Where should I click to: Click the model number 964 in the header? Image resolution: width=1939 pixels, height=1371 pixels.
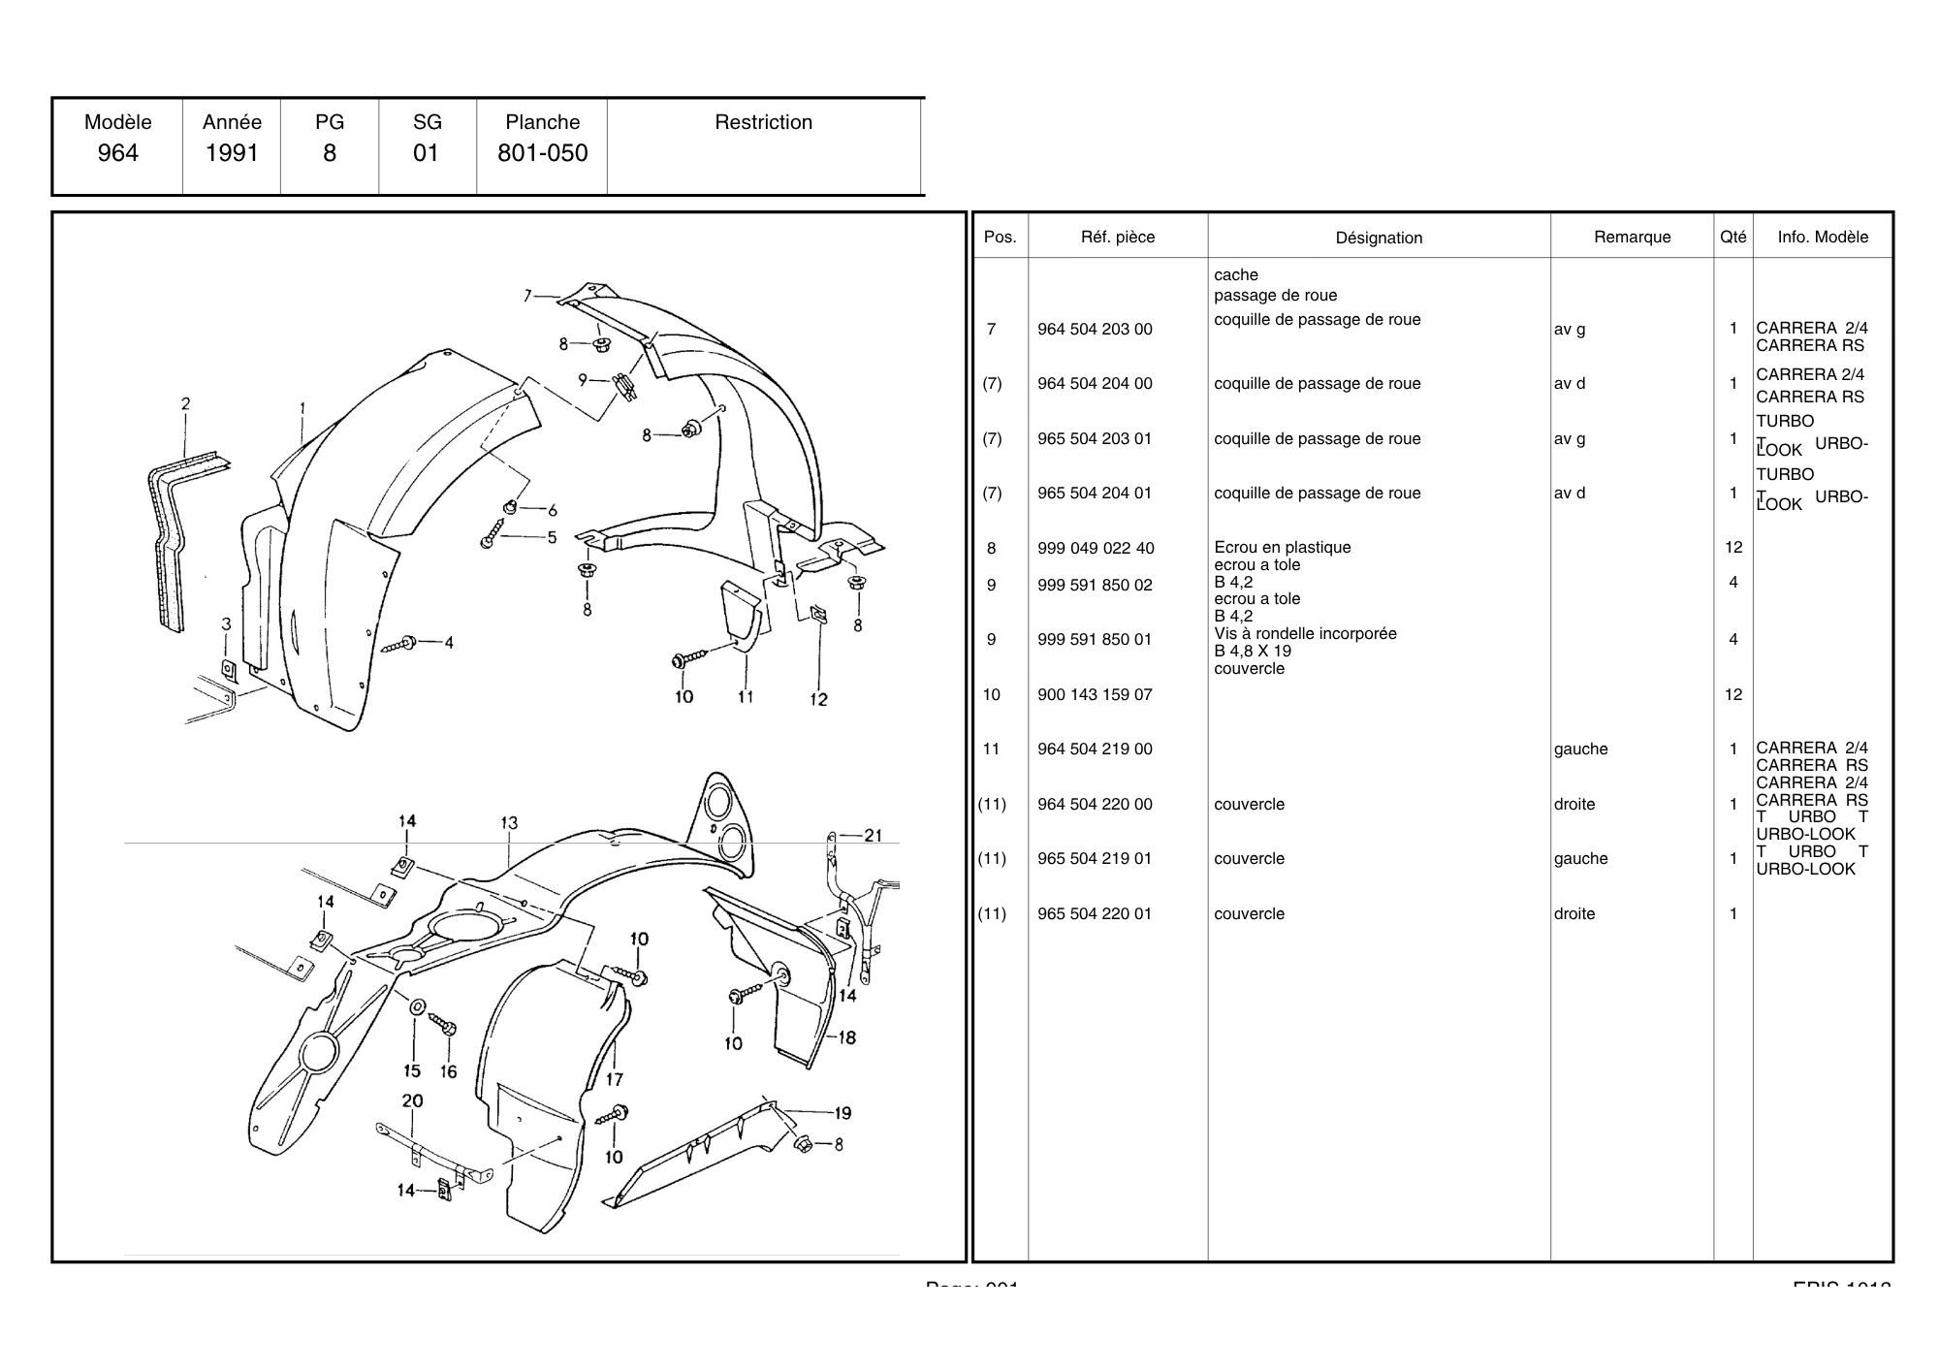pyautogui.click(x=117, y=153)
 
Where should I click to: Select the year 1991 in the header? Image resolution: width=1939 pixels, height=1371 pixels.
pyautogui.click(x=232, y=153)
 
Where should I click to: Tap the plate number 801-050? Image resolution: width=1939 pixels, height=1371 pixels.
pyautogui.click(x=542, y=153)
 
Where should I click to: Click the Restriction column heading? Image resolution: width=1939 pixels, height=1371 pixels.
pyautogui.click(x=763, y=122)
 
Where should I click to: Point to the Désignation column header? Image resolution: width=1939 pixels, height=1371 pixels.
pyautogui.click(x=1379, y=238)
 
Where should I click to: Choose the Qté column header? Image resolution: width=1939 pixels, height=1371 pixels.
pyautogui.click(x=1732, y=237)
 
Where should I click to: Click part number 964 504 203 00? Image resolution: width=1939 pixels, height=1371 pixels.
pyautogui.click(x=1095, y=330)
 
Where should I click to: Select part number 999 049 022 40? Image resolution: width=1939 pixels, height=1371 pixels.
pyautogui.click(x=1095, y=549)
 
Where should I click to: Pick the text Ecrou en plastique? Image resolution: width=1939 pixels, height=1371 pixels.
pyautogui.click(x=1282, y=548)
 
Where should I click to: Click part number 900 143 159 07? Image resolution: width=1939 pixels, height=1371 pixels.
pyautogui.click(x=1095, y=695)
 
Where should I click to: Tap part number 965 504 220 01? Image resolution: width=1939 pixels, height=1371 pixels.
pyautogui.click(x=1095, y=914)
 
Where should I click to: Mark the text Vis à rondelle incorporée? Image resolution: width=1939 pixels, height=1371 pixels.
pyautogui.click(x=1305, y=634)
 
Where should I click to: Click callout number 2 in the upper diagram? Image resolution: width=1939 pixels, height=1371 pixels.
pyautogui.click(x=185, y=404)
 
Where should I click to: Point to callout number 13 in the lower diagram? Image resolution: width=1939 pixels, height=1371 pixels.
pyautogui.click(x=509, y=823)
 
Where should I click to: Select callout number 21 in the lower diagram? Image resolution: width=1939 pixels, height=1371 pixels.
pyautogui.click(x=873, y=836)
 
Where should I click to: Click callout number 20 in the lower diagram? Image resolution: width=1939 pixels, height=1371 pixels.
pyautogui.click(x=412, y=1101)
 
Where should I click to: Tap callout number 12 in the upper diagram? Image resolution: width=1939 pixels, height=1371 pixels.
pyautogui.click(x=818, y=700)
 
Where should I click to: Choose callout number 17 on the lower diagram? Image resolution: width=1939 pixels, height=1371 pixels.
pyautogui.click(x=615, y=1079)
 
